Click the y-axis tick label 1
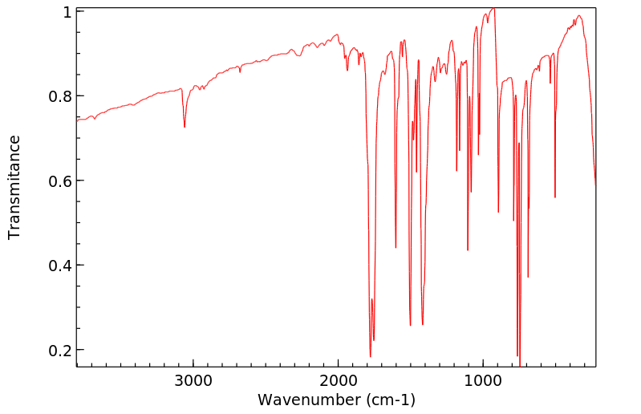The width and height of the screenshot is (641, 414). (67, 13)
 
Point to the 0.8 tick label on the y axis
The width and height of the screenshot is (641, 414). (61, 96)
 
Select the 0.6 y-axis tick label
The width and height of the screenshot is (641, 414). (61, 181)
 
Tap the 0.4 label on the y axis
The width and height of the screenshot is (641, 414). (61, 266)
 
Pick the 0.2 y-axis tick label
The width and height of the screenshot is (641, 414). (61, 351)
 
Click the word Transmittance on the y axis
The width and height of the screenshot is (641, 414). (14, 187)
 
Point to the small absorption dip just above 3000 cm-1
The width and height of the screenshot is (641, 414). (185, 127)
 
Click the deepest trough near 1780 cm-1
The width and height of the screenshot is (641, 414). (370, 355)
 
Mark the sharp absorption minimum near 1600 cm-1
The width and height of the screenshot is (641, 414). (396, 247)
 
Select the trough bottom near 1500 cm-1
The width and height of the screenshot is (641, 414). (410, 324)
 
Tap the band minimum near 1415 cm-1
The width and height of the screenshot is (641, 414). (422, 324)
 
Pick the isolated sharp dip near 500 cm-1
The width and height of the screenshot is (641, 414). (555, 197)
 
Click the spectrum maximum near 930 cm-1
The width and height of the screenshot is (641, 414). (493, 9)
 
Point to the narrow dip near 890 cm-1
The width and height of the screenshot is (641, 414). (499, 212)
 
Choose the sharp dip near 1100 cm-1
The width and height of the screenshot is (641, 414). (468, 250)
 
